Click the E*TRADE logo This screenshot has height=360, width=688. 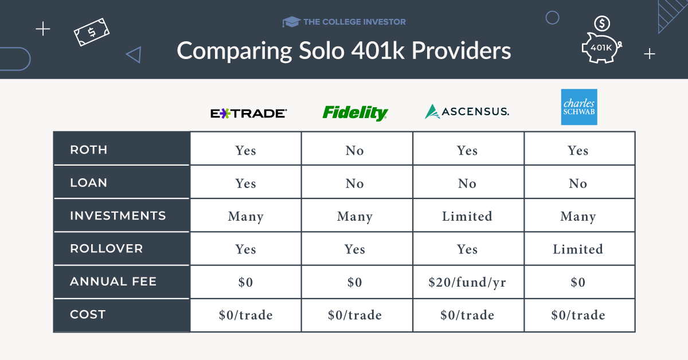(248, 113)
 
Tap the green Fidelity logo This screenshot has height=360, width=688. (355, 112)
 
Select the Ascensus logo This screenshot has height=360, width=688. (467, 111)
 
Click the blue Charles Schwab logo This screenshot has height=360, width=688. (578, 107)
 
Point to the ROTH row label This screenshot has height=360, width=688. (89, 150)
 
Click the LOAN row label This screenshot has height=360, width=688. (89, 183)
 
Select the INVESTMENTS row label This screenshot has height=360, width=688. (118, 216)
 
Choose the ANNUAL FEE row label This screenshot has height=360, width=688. (113, 281)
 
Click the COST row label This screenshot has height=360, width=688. (88, 314)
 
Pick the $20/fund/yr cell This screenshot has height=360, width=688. (467, 282)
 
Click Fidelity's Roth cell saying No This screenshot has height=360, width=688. (355, 150)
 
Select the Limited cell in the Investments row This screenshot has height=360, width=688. (467, 216)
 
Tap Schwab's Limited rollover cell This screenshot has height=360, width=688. (578, 249)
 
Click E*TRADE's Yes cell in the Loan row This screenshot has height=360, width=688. (245, 183)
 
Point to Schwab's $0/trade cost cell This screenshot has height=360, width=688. (578, 315)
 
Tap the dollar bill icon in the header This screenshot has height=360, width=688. (92, 32)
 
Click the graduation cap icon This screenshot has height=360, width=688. (291, 22)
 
